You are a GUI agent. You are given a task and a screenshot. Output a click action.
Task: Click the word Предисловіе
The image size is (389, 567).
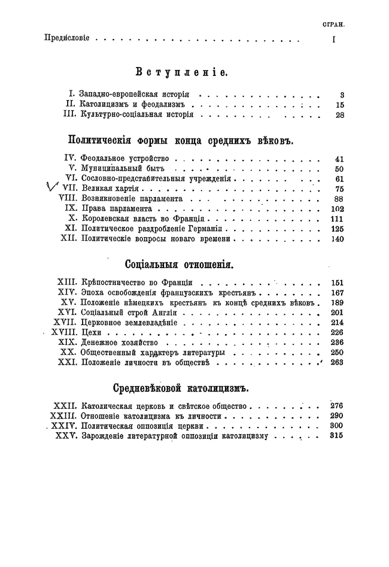point(67,38)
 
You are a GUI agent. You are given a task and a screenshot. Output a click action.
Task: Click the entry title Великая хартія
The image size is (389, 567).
point(108,189)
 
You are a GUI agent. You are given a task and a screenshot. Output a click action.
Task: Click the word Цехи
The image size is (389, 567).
point(90,332)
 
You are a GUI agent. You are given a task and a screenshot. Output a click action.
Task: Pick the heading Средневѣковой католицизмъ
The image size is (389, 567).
point(180,388)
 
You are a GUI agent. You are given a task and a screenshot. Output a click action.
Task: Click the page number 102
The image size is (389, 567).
point(338,209)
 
